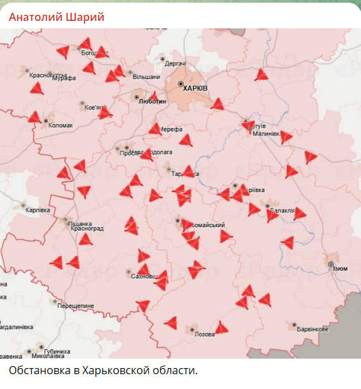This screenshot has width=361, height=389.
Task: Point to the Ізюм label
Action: [340, 268]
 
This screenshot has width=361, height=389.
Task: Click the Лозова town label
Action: [204, 334]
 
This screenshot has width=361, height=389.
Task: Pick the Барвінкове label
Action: [313, 329]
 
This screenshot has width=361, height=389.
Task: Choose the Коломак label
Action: [61, 124]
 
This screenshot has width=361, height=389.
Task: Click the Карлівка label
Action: [38, 209]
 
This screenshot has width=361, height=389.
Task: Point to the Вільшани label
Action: [146, 77]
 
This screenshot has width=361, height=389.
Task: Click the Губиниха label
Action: [57, 351]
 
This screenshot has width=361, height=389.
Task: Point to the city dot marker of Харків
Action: [181, 84]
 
